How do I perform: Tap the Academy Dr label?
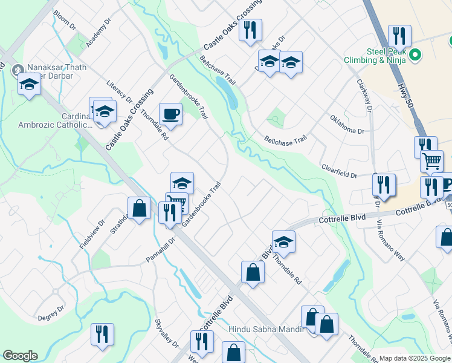pyautogui.click(x=99, y=33)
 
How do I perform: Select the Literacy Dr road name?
pyautogui.click(x=119, y=91)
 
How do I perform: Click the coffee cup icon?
pyautogui.click(x=170, y=114)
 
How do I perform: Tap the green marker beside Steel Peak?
pyautogui.click(x=415, y=56)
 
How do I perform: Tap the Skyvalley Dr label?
pyautogui.click(x=167, y=333)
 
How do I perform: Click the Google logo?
pyautogui.click(x=20, y=356)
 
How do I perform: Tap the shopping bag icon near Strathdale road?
pyautogui.click(x=139, y=209)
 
